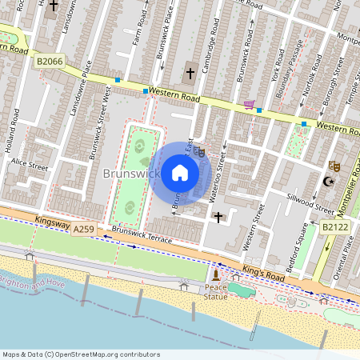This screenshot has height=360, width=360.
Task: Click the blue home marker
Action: click(x=180, y=173)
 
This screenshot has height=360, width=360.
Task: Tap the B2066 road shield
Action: click(x=50, y=60)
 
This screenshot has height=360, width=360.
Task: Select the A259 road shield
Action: click(x=84, y=230)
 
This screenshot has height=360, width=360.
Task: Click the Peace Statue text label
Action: click(x=215, y=292)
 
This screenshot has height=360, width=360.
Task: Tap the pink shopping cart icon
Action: click(x=249, y=104)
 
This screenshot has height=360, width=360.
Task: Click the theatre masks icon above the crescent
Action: click(x=335, y=166)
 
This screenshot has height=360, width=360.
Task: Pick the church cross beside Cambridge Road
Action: click(x=190, y=74)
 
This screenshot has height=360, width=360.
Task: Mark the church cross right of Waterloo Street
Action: click(x=218, y=216)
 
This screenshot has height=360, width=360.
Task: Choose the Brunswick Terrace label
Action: click(x=142, y=239)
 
